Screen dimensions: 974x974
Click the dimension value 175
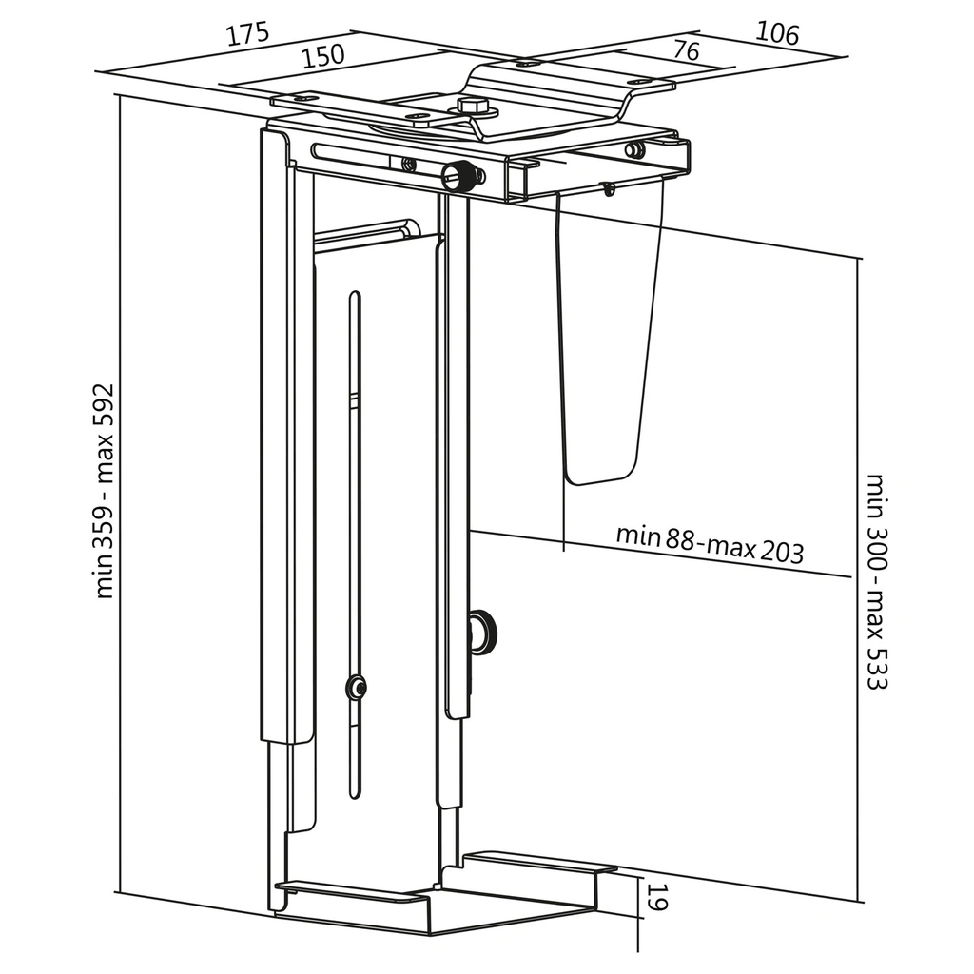point(247,34)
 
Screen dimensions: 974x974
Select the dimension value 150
point(323,56)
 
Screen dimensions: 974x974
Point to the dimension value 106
point(777,32)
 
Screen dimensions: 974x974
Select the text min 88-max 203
point(709,542)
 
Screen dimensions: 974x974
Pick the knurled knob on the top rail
point(458,175)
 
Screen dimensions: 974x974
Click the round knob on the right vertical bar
point(482,630)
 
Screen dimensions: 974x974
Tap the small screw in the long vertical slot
point(357,686)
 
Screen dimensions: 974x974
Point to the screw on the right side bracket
point(634,149)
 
